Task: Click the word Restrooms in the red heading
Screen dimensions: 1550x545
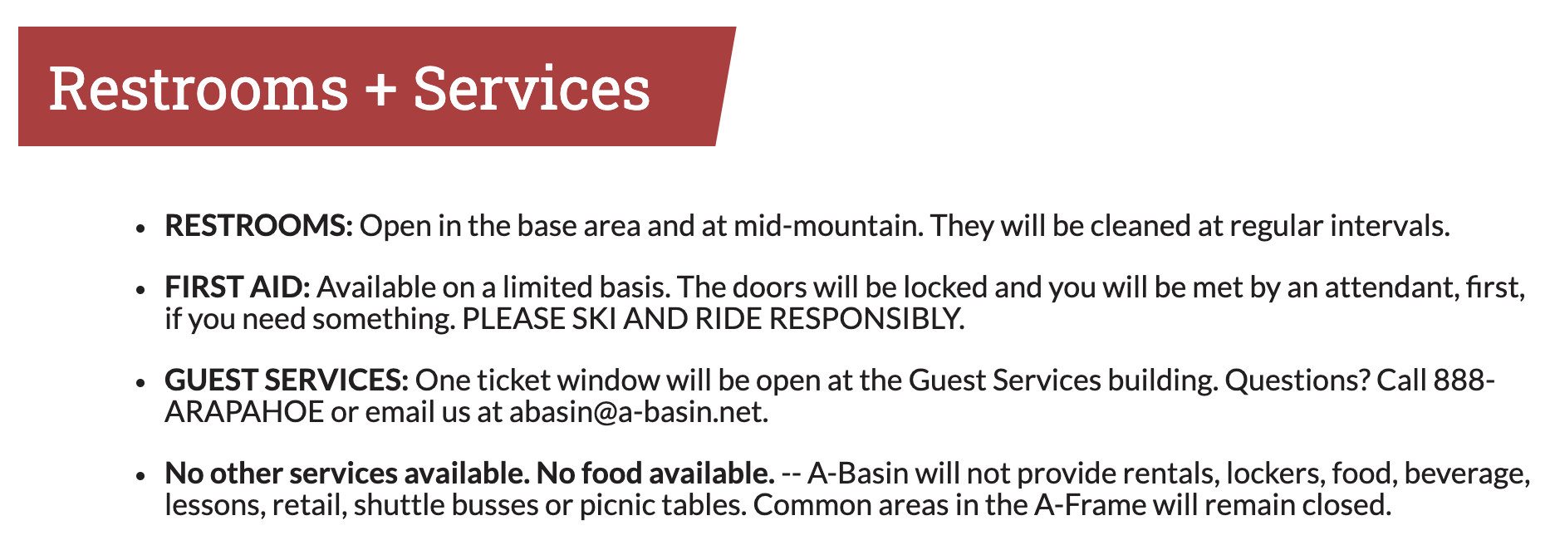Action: click(199, 88)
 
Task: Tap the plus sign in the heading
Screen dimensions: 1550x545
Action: click(380, 90)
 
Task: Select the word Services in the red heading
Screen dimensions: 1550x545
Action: click(532, 88)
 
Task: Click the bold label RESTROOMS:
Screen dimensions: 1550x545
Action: click(259, 225)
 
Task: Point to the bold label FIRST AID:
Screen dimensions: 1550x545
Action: click(238, 287)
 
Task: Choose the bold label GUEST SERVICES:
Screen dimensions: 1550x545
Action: click(287, 381)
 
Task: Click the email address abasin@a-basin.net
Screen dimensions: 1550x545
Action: click(639, 412)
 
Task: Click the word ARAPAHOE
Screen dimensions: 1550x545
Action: click(244, 412)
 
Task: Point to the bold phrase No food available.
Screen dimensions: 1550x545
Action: click(655, 474)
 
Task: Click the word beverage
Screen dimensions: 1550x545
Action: click(1468, 474)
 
